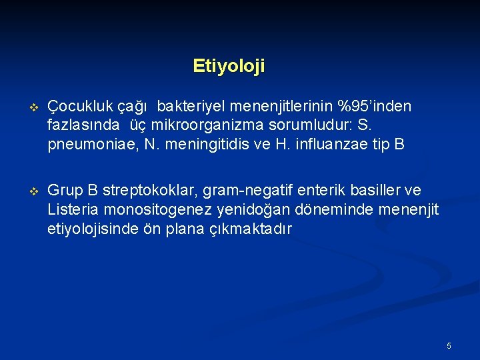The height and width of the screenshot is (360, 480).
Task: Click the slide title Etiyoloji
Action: pos(229,66)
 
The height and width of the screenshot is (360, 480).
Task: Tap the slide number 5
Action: pos(449,345)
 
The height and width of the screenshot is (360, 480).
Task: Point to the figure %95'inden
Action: pos(374,107)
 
